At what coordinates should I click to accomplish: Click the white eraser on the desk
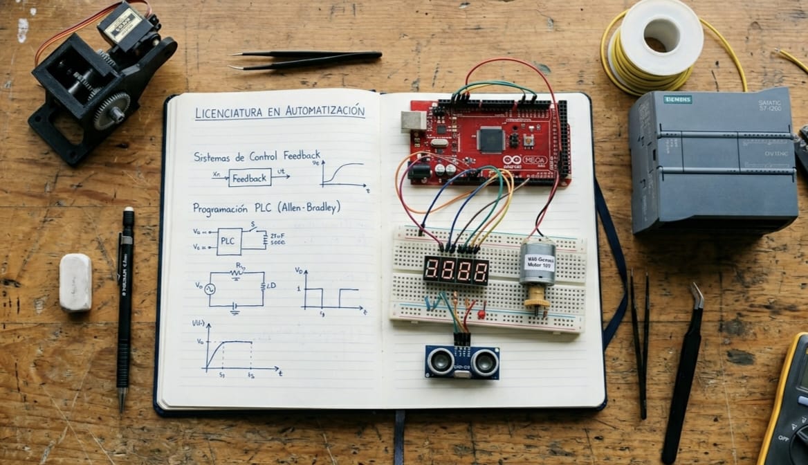tap(75, 282)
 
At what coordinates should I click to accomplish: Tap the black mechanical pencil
tap(125, 304)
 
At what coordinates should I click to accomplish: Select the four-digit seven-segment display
tap(456, 270)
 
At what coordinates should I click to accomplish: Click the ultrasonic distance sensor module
tap(462, 361)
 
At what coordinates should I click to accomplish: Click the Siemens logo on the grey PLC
tap(677, 100)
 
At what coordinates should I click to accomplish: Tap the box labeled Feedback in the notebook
tap(250, 178)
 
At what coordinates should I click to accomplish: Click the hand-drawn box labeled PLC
tap(229, 241)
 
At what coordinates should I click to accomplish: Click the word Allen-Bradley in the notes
tap(309, 207)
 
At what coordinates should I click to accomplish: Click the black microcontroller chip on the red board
tap(490, 139)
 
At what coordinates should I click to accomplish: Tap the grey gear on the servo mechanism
tap(111, 111)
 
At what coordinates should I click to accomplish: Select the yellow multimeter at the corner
tap(789, 408)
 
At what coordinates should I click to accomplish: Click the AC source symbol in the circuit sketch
tap(209, 289)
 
